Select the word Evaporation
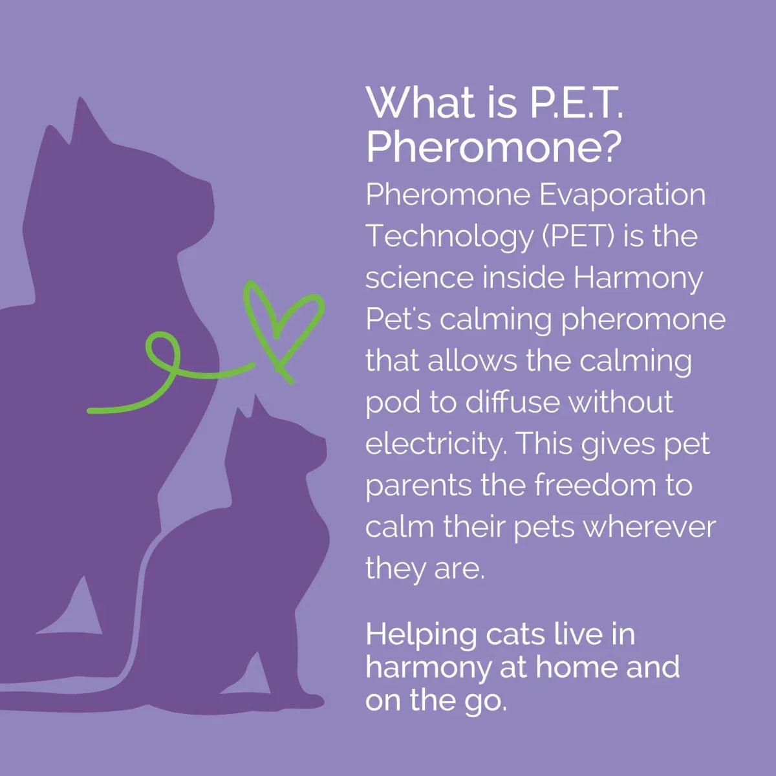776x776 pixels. tap(622, 195)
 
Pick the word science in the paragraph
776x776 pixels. tap(418, 278)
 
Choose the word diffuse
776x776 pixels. tap(512, 403)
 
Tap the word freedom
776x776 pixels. tap(577, 486)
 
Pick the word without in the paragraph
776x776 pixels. tap(621, 403)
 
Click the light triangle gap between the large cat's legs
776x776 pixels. tap(83, 608)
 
